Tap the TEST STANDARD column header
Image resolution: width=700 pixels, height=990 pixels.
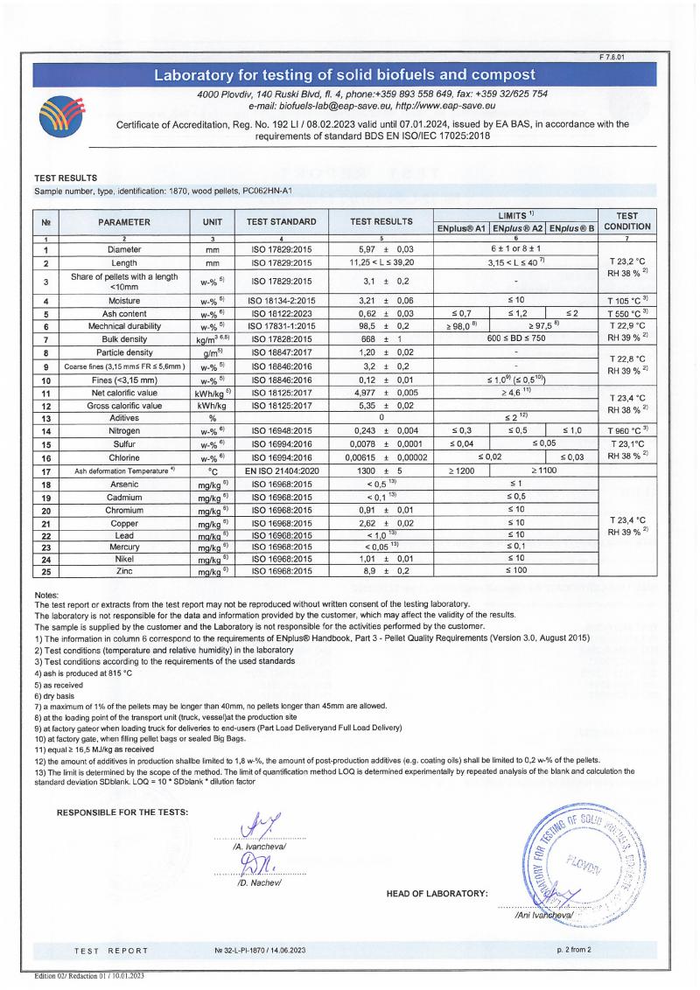tap(281, 222)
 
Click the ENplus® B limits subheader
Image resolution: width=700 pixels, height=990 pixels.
tap(572, 229)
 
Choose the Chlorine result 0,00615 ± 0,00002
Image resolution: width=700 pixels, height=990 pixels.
tap(380, 457)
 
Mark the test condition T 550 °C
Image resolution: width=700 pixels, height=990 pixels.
tap(626, 313)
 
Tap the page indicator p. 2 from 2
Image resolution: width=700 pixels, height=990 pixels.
tap(574, 949)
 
